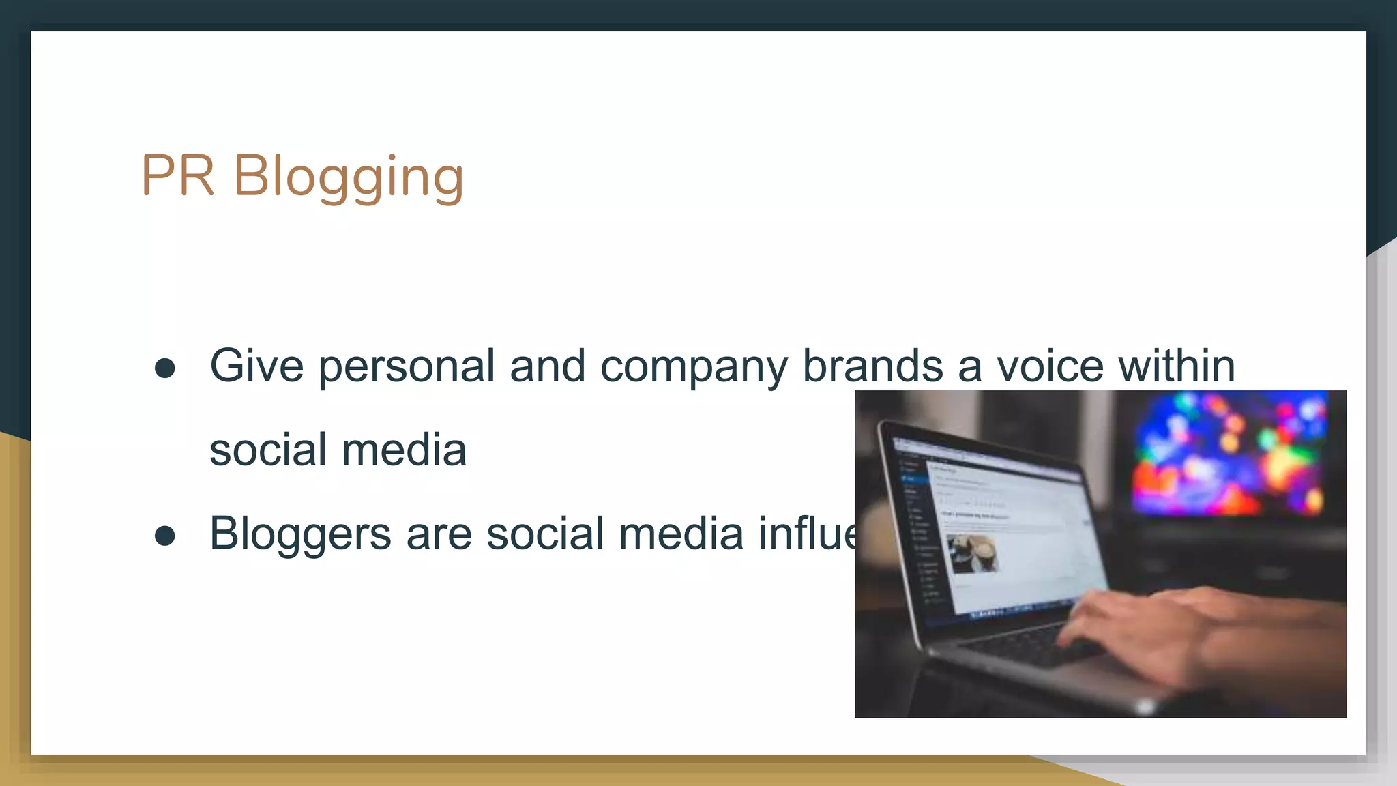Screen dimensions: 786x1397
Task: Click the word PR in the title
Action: coord(177,175)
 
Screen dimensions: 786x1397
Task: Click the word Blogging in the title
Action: coord(349,177)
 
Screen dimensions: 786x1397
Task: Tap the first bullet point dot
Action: coord(165,368)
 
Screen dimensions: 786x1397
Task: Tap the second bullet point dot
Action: coord(165,536)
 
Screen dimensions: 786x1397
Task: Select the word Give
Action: coord(256,366)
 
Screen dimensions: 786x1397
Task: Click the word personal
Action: coord(407,367)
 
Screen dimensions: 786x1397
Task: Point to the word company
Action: coord(694,367)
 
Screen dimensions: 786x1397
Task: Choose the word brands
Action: coord(872,366)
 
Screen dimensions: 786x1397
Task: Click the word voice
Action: coord(1050,366)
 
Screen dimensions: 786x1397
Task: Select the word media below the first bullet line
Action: coord(404,450)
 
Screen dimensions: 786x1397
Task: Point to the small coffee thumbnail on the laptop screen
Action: coord(973,553)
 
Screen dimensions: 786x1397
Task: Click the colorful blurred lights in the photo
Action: coord(1228,454)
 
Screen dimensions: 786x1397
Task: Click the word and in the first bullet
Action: coord(547,366)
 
